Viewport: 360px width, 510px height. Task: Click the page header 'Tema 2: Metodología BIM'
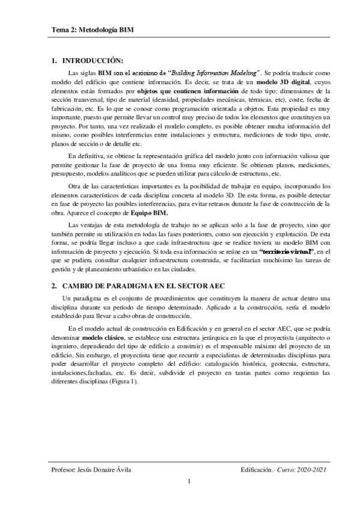pyautogui.click(x=92, y=29)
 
